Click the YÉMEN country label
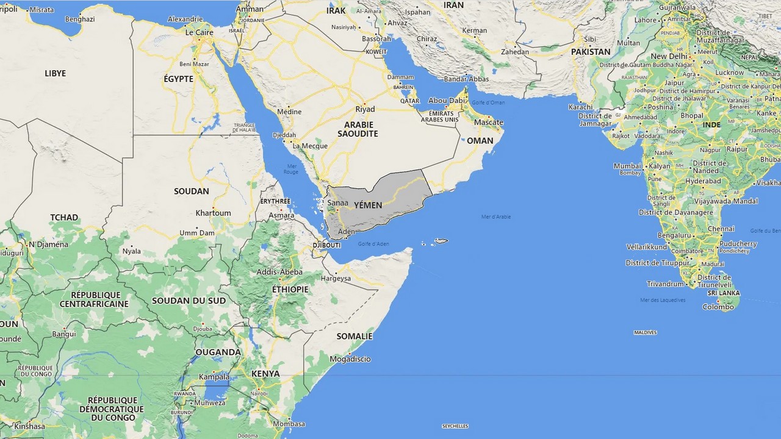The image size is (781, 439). click(368, 205)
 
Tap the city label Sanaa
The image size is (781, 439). click(337, 203)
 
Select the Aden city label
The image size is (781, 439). click(346, 232)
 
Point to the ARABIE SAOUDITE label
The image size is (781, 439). click(358, 129)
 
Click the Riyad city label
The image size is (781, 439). click(365, 110)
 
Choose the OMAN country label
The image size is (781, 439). click(480, 141)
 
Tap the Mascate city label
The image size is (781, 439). click(488, 123)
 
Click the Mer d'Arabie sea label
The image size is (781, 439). click(496, 216)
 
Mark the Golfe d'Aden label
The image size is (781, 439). click(373, 244)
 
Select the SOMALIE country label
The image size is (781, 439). click(354, 336)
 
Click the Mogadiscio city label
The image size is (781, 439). click(350, 359)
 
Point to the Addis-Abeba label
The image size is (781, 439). click(279, 272)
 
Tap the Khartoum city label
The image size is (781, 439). click(213, 213)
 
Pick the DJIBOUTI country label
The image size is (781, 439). click(326, 245)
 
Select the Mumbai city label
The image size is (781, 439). click(627, 166)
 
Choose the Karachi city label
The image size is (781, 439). click(580, 107)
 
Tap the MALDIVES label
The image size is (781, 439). click(645, 332)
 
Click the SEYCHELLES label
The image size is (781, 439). click(455, 426)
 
